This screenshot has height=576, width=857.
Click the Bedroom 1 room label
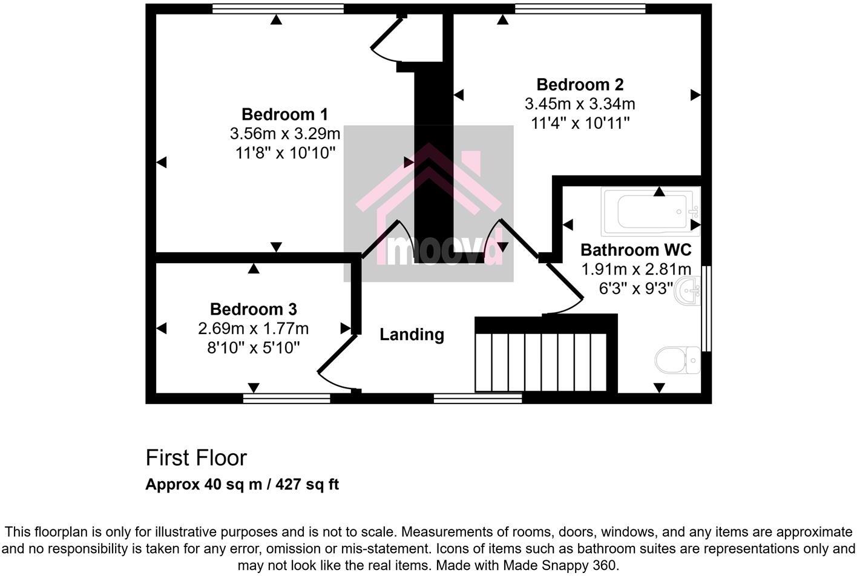(x=284, y=114)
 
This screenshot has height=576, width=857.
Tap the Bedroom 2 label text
(x=580, y=84)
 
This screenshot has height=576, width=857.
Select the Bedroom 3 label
(x=253, y=309)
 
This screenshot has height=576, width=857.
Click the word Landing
(x=412, y=335)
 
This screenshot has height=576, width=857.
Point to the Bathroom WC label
(x=635, y=249)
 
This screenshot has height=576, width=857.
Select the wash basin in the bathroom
(x=690, y=292)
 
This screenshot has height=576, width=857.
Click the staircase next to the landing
(x=540, y=361)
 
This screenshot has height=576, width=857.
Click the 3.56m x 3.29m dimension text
(x=284, y=133)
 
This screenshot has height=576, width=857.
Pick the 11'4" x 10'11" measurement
(x=580, y=123)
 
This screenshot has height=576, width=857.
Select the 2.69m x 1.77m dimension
(x=253, y=329)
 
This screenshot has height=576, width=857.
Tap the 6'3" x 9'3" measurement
(x=635, y=289)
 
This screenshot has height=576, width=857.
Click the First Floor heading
(x=196, y=458)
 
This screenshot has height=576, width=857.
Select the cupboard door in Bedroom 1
(x=385, y=41)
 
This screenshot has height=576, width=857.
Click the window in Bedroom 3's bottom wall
(x=287, y=398)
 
